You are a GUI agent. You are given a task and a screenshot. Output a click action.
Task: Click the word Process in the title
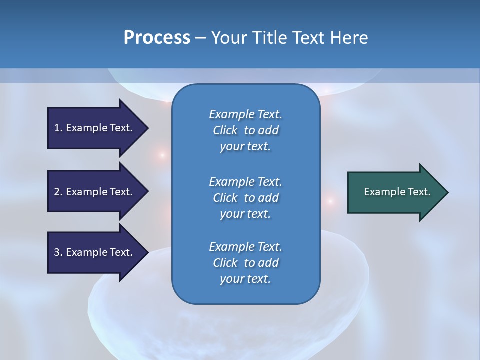coord(157,38)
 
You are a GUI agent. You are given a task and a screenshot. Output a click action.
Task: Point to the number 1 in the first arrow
coord(57,128)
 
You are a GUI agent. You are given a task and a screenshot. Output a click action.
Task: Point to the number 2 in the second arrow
coord(57,192)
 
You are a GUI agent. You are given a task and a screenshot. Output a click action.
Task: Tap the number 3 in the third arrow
coord(57,252)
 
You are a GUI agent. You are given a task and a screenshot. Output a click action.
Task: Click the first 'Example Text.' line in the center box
coord(245,114)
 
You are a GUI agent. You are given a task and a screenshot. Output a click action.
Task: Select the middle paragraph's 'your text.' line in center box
coord(245,214)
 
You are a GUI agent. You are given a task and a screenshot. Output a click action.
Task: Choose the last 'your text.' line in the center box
coord(245,279)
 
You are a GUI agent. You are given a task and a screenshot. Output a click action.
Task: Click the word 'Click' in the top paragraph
coord(225,130)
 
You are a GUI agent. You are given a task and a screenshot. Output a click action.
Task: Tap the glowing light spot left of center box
coord(162,155)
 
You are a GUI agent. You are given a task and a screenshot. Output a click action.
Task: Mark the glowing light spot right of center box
coord(330,201)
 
